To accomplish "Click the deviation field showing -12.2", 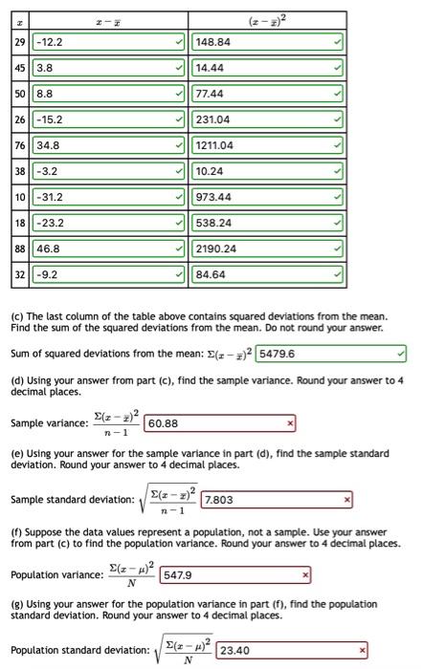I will tap(108, 42).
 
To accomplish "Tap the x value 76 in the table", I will tap(20, 146).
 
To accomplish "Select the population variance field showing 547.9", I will tap(234, 576).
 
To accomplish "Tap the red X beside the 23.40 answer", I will tap(362, 652).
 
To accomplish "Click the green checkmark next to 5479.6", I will tap(400, 354).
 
